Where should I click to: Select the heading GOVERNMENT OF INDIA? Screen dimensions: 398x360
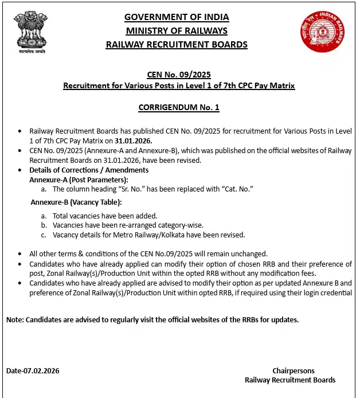click(177, 17)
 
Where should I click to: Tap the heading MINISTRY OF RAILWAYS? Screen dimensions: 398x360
click(177, 30)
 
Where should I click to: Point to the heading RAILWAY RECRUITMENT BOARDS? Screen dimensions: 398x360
click(177, 44)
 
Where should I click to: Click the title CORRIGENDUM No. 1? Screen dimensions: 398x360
click(179, 107)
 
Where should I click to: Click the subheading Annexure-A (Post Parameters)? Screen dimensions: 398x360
click(79, 180)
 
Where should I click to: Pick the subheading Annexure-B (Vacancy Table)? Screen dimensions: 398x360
click(76, 202)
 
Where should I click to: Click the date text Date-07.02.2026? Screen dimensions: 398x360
click(33, 370)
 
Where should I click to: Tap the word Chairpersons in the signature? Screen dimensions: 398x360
click(293, 370)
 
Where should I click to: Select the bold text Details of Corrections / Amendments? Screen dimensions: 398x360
click(89, 170)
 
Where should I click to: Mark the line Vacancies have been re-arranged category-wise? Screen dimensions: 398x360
click(128, 225)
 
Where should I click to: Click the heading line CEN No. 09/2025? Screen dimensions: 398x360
click(179, 75)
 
